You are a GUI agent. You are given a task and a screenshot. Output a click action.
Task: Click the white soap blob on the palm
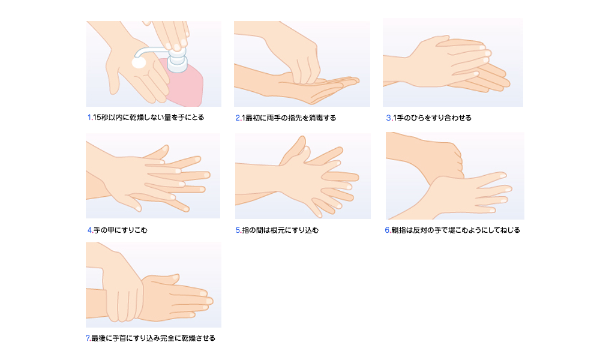pos(139,62)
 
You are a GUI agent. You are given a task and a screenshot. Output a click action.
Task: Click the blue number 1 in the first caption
pos(89,118)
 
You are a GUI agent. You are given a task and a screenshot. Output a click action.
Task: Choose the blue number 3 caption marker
pos(389,118)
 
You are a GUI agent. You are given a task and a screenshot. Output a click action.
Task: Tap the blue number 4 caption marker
pos(90,230)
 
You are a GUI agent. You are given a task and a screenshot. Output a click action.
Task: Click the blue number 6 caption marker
pos(388,230)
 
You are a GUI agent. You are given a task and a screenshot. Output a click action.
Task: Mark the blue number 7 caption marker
pos(88,338)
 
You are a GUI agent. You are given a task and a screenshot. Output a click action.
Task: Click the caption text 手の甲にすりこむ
pos(121,230)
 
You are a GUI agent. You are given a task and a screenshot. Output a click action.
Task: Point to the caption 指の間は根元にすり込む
pos(280,230)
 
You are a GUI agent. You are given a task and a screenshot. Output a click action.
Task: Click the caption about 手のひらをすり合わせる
pos(433,118)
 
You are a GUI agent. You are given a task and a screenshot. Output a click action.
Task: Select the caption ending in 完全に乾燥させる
pos(154,338)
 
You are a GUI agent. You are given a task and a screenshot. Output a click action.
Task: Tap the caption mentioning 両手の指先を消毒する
pos(289,118)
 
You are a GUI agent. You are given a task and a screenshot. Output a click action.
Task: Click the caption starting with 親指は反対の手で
pos(456,230)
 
